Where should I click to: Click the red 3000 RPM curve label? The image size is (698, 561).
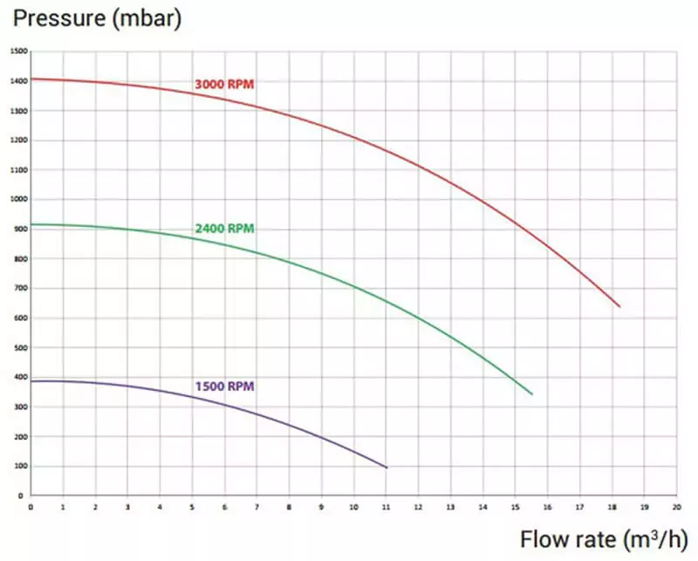(224, 85)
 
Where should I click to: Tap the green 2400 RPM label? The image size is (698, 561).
(224, 229)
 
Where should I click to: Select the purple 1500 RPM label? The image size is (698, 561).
(224, 385)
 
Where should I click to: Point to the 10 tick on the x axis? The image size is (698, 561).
(353, 506)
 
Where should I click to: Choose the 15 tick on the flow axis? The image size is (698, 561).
(515, 506)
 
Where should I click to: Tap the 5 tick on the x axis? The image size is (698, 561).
(193, 506)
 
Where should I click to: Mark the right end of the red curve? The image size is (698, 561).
(619, 307)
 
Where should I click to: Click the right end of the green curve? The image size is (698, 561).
(532, 394)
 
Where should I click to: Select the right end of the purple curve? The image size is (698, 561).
(387, 469)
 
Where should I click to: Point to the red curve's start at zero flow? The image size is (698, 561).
(31, 79)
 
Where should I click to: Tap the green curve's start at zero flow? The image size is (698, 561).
(31, 224)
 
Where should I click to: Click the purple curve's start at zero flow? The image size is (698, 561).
(31, 381)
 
